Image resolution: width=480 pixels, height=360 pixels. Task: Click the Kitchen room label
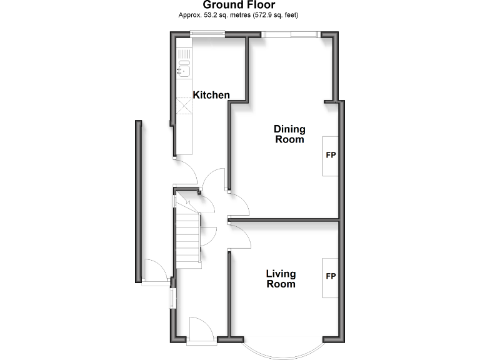(211, 95)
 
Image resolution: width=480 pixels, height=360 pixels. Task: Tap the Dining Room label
(289, 134)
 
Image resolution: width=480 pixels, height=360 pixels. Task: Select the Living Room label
(281, 279)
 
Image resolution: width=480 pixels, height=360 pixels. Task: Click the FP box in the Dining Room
(331, 155)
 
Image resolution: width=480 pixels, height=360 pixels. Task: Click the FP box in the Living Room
(331, 277)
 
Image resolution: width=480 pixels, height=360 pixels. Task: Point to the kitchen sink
(184, 69)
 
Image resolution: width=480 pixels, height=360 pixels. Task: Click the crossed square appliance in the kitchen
(184, 106)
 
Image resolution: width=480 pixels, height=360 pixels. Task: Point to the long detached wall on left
(137, 200)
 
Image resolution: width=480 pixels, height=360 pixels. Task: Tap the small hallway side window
(172, 297)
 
